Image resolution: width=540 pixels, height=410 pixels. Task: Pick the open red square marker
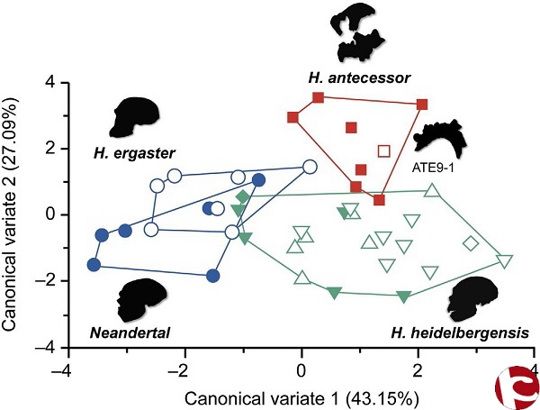point(384,150)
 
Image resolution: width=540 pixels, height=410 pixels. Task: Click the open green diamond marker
point(471,243)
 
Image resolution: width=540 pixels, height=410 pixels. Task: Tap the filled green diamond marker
point(242,196)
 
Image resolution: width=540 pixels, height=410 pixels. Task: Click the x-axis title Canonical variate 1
point(298,396)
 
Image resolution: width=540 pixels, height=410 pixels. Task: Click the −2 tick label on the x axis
point(181,370)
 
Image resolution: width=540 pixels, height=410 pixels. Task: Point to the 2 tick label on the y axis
point(51,148)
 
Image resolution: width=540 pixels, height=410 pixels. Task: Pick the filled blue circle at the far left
point(94,265)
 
